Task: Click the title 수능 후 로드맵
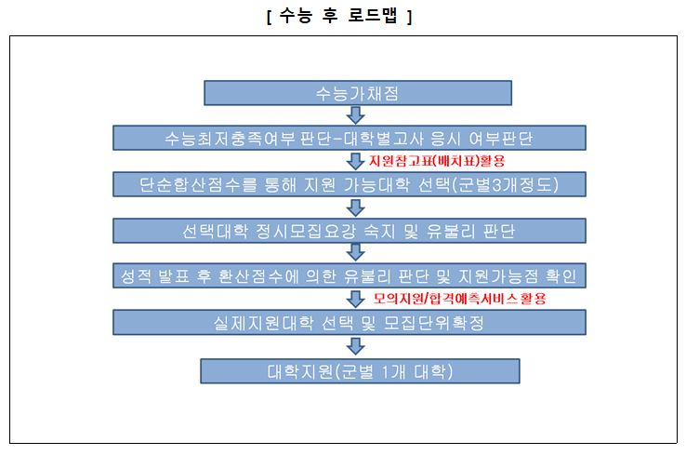(339, 17)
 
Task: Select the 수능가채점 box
(358, 93)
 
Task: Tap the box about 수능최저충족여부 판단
(350, 138)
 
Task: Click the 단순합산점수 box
(350, 184)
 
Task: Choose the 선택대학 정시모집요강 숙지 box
(350, 231)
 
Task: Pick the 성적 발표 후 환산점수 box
(350, 275)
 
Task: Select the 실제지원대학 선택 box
(350, 322)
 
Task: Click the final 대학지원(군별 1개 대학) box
(360, 371)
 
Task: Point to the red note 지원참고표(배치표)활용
(437, 161)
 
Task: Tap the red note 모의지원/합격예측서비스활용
(459, 299)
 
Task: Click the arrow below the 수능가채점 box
(356, 115)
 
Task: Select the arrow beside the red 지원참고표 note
(356, 161)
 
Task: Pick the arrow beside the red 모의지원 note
(356, 299)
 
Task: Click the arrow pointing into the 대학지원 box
(356, 346)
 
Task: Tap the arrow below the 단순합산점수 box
(356, 207)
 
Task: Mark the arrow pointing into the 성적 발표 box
(356, 252)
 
